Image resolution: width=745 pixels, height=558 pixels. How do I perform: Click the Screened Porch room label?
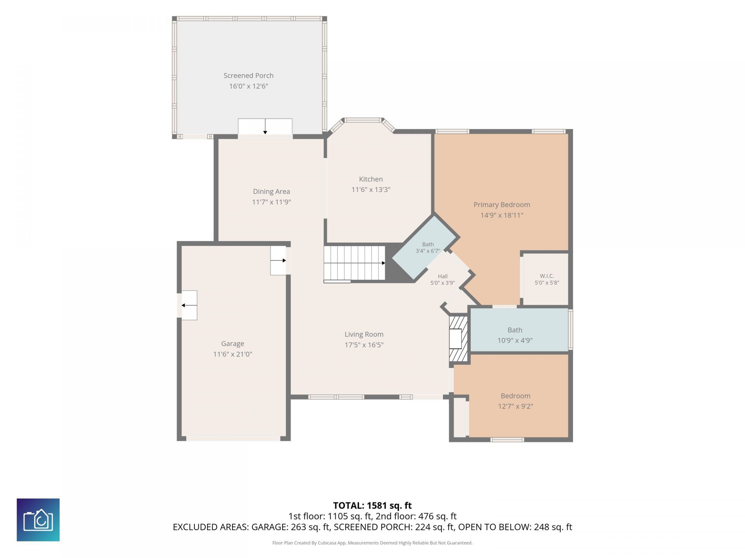coord(248,76)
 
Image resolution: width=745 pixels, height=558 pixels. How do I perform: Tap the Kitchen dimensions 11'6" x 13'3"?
coord(371,189)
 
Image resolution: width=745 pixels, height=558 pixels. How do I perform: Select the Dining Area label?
coord(271,191)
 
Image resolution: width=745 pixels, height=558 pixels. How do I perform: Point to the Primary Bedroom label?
coord(502,205)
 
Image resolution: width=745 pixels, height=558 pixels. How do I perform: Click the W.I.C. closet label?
coord(547,276)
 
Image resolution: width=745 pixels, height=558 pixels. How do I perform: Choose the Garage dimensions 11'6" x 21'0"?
coord(232,354)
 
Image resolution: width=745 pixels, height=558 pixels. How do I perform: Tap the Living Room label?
coord(364,334)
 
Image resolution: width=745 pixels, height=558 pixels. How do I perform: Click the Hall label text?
coord(443,276)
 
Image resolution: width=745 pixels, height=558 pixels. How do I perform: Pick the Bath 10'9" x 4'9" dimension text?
coord(515,340)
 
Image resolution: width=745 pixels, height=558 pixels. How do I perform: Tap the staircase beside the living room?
coord(355,263)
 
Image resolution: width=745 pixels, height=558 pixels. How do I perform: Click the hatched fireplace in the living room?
coord(458,339)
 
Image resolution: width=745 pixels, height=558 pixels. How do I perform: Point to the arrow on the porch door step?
coord(265,127)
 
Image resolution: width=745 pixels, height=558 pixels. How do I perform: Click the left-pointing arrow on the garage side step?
coord(189,305)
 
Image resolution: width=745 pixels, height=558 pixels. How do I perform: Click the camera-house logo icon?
coord(38,520)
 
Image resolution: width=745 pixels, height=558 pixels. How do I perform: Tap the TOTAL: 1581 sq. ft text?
coord(372,505)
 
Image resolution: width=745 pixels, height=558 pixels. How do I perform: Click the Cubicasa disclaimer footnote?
coord(372,543)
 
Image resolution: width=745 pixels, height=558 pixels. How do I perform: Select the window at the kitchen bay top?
coord(364,120)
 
